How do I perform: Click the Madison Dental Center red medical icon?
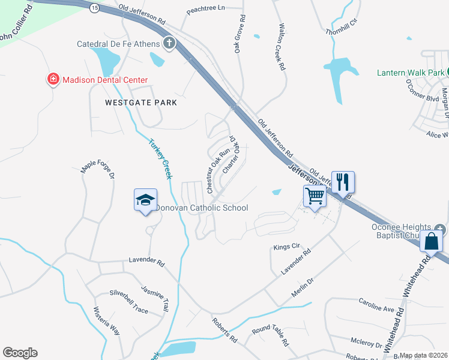(x=53, y=79)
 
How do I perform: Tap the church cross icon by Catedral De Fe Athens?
(x=169, y=43)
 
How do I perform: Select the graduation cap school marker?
(x=145, y=200)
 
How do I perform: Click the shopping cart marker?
(x=315, y=195)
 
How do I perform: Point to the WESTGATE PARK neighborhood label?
(x=141, y=103)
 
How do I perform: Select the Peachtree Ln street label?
(x=205, y=9)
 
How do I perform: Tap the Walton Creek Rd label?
(x=281, y=47)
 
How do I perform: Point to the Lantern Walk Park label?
(x=410, y=73)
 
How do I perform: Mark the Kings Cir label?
(x=286, y=247)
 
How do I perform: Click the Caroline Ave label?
(x=376, y=308)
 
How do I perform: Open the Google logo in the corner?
(x=20, y=353)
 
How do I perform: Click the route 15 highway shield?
(x=94, y=8)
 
